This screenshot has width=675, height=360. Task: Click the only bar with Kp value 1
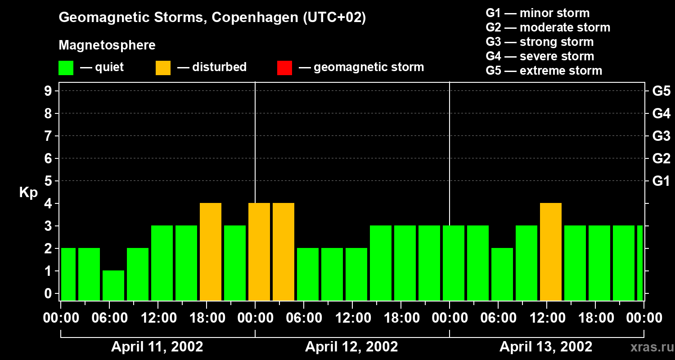tap(113, 285)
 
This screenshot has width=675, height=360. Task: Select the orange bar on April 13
tap(551, 252)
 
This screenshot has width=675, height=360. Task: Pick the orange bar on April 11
tap(211, 252)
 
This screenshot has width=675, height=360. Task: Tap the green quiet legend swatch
tap(66, 68)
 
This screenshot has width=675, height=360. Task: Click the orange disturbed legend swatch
tap(163, 68)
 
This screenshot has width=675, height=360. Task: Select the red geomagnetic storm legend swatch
tap(284, 68)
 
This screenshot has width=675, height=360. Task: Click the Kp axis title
tap(28, 193)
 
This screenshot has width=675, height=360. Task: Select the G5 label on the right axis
tap(661, 91)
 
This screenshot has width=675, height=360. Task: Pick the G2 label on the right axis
tap(661, 159)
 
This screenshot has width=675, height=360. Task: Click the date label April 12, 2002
tap(351, 347)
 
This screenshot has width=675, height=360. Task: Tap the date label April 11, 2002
tap(157, 347)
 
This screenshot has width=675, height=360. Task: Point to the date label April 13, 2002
tap(546, 347)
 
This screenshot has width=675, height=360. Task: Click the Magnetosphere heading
tap(107, 45)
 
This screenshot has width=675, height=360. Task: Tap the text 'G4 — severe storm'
tap(540, 56)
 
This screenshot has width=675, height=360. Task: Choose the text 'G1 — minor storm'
tap(537, 13)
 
